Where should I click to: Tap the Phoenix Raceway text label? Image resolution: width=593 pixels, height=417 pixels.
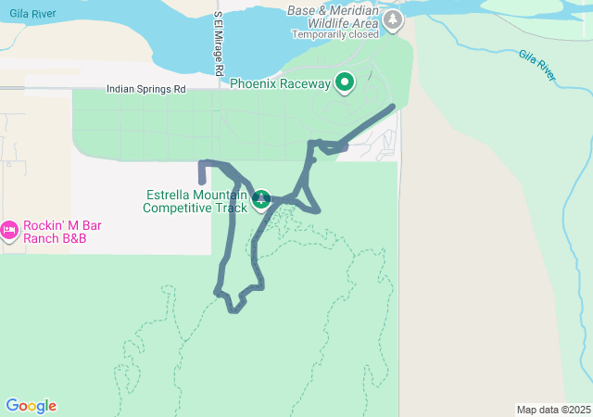[280, 84]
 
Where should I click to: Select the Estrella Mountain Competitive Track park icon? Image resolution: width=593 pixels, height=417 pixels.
[261, 199]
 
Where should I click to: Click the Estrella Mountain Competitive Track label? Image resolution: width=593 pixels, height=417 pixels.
[195, 201]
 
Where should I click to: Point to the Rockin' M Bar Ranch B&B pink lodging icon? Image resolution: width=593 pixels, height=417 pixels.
[10, 230]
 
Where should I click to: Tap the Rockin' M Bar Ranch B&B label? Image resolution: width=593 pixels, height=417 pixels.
[62, 230]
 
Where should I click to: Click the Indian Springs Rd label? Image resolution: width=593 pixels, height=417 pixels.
[146, 89]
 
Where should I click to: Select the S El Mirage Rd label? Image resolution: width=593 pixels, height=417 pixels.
[219, 44]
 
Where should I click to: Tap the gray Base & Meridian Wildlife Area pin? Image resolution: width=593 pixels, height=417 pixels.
[394, 19]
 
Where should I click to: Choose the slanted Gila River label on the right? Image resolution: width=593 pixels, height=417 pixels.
[538, 66]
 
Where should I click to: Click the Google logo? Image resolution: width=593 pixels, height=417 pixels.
[31, 406]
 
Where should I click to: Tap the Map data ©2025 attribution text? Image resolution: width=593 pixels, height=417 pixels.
[553, 410]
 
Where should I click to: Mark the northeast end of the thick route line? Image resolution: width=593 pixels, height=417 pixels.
[394, 107]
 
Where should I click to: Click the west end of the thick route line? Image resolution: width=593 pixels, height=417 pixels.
[202, 181]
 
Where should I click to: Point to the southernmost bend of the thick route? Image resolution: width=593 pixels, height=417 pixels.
[233, 310]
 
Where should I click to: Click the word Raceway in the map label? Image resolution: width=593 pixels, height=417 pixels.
[304, 84]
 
